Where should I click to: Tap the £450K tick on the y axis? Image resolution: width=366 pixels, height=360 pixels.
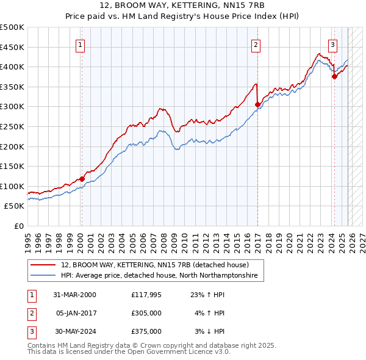click(x=12, y=47)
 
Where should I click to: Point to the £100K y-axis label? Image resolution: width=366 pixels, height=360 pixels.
click(x=12, y=186)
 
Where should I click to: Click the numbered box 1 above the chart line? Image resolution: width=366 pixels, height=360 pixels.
click(x=81, y=44)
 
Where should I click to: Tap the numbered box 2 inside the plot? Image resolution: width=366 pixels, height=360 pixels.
click(x=256, y=44)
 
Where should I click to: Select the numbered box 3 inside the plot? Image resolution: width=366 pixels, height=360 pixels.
click(x=333, y=44)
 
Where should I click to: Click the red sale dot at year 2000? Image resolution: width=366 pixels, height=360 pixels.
click(x=82, y=179)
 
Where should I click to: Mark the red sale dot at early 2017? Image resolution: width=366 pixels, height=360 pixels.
click(x=257, y=105)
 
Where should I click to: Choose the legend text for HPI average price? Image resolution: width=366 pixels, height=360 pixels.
click(x=159, y=276)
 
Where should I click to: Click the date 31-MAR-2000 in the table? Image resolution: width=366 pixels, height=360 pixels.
click(x=74, y=294)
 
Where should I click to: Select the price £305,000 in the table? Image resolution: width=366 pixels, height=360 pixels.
click(x=146, y=313)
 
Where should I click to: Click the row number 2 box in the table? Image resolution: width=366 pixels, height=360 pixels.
click(x=30, y=313)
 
